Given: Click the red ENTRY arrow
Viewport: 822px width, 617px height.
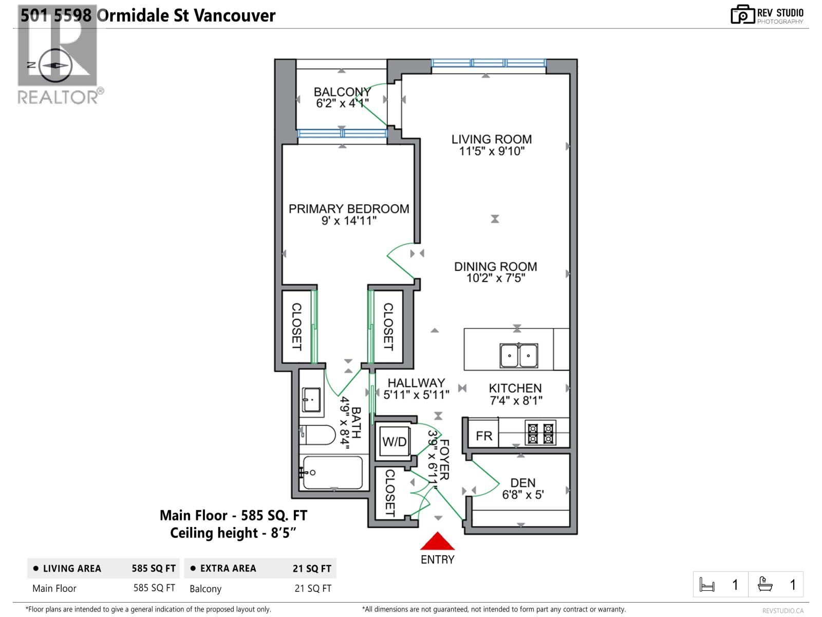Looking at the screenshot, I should click(437, 541).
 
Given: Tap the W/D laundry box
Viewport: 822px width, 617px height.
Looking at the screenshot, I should click(394, 442).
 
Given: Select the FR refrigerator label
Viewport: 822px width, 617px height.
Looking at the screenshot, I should click(484, 436).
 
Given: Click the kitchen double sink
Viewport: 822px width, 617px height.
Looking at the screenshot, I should click(519, 355).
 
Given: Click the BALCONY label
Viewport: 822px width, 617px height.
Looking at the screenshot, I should click(342, 92).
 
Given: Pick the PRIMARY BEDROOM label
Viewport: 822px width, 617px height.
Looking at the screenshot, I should click(349, 209).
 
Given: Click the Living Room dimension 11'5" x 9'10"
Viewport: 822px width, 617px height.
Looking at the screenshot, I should click(492, 151).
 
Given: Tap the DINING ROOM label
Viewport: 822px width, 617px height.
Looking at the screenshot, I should click(495, 266).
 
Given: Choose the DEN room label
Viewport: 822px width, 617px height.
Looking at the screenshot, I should click(522, 483).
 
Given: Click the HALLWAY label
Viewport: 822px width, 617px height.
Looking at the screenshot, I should click(416, 383).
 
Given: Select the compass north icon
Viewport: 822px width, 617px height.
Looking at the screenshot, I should click(54, 65).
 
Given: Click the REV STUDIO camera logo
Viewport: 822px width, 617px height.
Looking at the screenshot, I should click(742, 15).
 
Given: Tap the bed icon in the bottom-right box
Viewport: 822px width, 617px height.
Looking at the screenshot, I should click(707, 585).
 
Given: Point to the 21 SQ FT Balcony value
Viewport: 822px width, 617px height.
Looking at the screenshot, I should click(313, 588).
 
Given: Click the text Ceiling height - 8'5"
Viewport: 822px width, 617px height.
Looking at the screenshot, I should click(234, 533).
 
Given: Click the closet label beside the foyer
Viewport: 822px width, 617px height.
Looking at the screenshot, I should click(390, 493).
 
